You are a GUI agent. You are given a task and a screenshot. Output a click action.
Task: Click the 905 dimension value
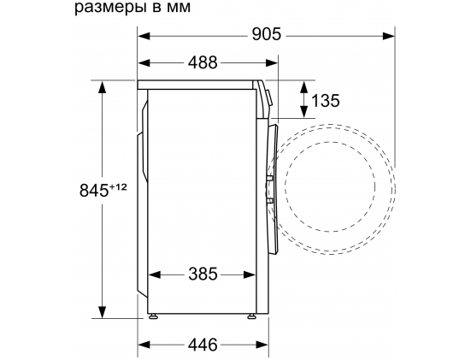[267, 34]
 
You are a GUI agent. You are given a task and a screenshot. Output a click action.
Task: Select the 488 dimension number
[203, 62]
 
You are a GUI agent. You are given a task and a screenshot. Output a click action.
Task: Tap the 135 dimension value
[326, 100]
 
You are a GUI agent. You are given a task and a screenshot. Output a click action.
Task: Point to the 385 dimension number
[203, 274]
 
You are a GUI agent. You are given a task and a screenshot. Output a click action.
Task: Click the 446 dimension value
[203, 344]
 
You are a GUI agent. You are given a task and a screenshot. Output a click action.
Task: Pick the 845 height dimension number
[94, 190]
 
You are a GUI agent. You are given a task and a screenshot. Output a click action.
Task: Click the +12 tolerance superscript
[118, 187]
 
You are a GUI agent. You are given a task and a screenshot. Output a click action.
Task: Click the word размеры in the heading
[109, 8]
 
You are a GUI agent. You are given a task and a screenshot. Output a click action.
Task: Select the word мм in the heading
[178, 8]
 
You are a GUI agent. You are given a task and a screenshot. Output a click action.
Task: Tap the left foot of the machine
[153, 316]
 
